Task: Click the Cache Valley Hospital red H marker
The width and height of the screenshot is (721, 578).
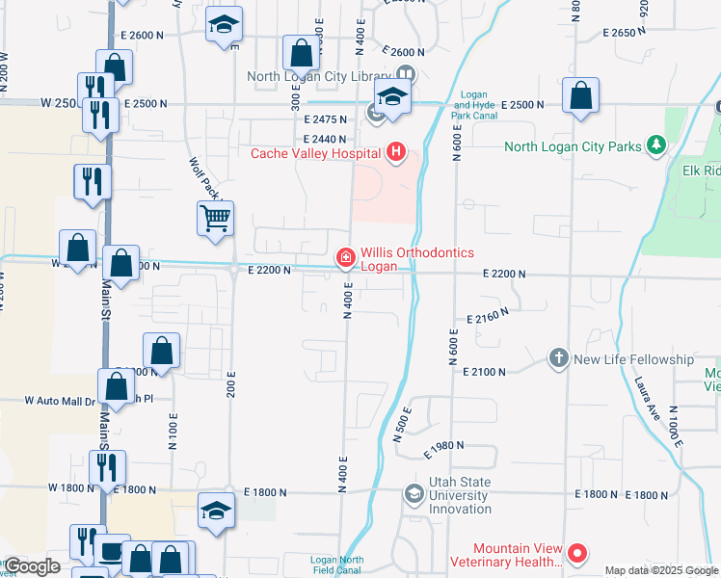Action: pyautogui.click(x=394, y=151)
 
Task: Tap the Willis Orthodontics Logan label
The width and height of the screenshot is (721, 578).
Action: pyautogui.click(x=417, y=259)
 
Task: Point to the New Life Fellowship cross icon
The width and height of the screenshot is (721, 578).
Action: pyautogui.click(x=558, y=358)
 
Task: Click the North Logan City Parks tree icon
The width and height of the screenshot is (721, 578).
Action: pyautogui.click(x=656, y=145)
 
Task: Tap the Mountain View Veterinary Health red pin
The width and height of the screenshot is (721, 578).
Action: pyautogui.click(x=577, y=553)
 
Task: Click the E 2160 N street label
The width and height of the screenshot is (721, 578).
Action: pyautogui.click(x=487, y=317)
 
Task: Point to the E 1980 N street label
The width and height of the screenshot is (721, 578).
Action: pyautogui.click(x=444, y=446)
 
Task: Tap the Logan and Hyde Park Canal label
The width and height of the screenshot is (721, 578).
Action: pyautogui.click(x=472, y=111)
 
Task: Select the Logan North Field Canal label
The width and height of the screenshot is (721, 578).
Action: pyautogui.click(x=337, y=565)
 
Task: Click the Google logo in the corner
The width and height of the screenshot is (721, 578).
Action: pyautogui.click(x=32, y=566)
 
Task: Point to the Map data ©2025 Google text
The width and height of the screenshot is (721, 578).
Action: pyautogui.click(x=661, y=570)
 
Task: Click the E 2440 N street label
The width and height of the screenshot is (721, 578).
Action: pyautogui.click(x=324, y=139)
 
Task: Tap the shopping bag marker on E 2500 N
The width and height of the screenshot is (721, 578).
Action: pyautogui.click(x=580, y=96)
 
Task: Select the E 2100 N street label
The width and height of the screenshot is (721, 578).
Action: pyautogui.click(x=485, y=371)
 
